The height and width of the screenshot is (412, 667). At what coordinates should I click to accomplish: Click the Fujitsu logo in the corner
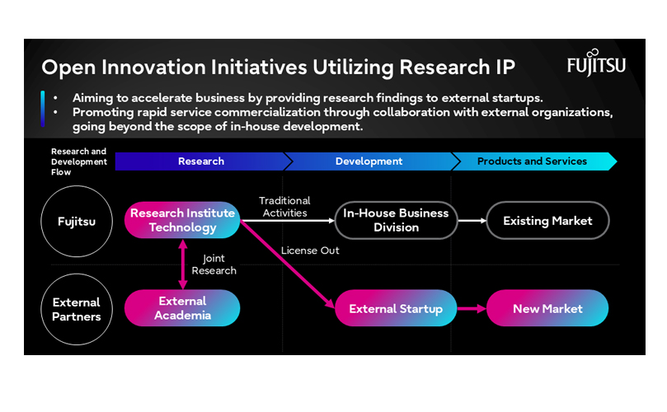pyautogui.click(x=596, y=64)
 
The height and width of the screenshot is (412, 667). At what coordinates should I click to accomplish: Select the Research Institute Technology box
pyautogui.click(x=182, y=220)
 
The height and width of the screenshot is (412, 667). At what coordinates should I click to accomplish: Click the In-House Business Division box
pyautogui.click(x=396, y=220)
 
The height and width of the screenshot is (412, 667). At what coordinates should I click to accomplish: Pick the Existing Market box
pyautogui.click(x=547, y=221)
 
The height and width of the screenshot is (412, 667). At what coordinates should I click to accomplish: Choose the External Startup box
pyautogui.click(x=396, y=309)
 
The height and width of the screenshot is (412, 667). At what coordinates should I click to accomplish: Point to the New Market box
pyautogui.click(x=547, y=309)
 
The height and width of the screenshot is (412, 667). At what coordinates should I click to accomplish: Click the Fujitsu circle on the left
pyautogui.click(x=76, y=221)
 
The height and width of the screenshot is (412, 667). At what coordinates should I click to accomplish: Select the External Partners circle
pyautogui.click(x=76, y=308)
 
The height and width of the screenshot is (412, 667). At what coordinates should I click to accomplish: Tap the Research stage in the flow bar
pyautogui.click(x=200, y=162)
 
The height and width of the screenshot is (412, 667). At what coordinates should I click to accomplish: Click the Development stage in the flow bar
pyautogui.click(x=369, y=162)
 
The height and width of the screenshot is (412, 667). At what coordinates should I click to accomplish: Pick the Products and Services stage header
pyautogui.click(x=532, y=162)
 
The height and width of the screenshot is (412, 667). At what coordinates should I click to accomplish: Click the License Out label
pyautogui.click(x=310, y=250)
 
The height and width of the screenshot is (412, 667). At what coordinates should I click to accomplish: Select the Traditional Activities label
pyautogui.click(x=284, y=207)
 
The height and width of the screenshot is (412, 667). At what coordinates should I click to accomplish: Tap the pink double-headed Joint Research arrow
pyautogui.click(x=182, y=264)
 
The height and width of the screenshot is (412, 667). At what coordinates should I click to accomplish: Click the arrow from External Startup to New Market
pyautogui.click(x=471, y=309)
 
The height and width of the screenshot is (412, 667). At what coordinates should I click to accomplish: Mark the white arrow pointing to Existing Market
pyautogui.click(x=472, y=221)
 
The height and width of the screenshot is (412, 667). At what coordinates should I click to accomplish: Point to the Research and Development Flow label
pyautogui.click(x=79, y=162)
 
